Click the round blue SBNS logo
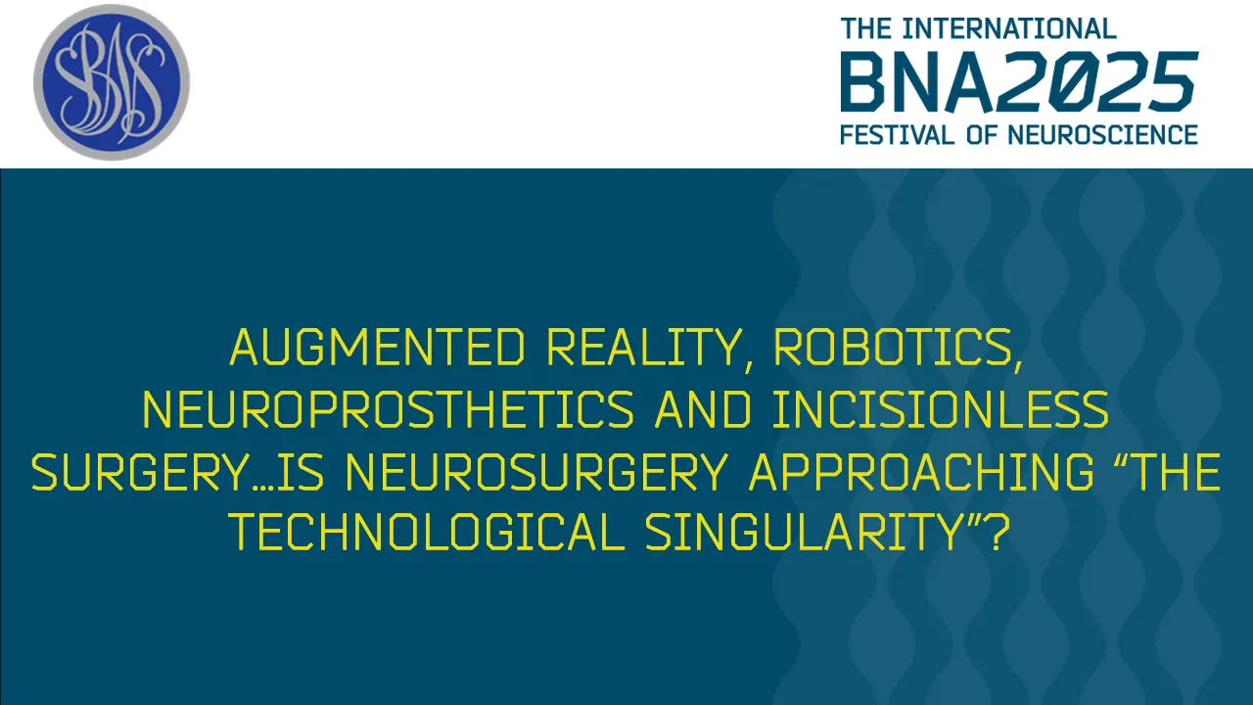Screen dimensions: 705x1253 coord(112,82)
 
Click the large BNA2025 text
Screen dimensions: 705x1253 coord(1018,83)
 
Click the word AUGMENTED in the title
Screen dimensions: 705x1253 coord(379,349)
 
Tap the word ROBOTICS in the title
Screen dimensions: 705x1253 coord(898,349)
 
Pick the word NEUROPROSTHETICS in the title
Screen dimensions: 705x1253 coord(389,411)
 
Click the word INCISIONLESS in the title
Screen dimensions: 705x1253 coord(940,411)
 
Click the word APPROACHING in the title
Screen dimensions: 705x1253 coord(921,474)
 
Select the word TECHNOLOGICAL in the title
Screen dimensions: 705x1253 coord(426,535)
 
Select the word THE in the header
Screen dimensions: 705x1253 coord(866,28)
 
